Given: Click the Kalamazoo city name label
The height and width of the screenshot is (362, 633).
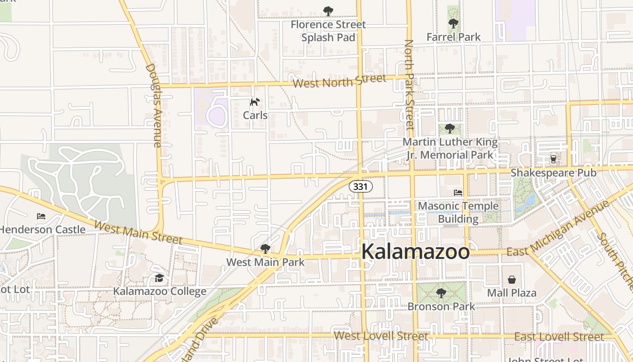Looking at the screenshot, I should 416,252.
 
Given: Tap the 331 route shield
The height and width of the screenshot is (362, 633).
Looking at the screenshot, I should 360,186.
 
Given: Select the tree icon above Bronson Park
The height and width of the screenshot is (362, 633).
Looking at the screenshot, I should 441,293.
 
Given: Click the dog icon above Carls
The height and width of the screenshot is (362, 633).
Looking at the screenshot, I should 255,102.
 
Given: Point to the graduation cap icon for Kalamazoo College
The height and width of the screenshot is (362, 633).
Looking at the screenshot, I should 159,278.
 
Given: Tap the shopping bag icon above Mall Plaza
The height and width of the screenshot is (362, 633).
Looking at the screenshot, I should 511,280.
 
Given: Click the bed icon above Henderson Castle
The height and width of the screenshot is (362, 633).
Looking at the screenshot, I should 41,216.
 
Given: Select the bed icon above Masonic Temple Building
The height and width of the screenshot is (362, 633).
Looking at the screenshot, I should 458,193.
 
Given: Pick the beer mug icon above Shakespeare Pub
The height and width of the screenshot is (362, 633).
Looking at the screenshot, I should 553,159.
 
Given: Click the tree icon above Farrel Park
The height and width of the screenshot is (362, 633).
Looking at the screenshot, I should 453,24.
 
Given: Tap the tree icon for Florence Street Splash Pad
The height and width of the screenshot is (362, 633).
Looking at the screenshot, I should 328,11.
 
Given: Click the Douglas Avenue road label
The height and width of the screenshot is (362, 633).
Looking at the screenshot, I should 154,105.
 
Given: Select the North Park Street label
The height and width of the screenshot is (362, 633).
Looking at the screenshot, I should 409,84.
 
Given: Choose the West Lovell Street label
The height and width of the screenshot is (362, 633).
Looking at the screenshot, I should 381,336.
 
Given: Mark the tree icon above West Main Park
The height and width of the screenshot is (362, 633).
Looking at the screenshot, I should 265,248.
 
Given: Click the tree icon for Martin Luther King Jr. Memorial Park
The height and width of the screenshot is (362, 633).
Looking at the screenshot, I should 449,129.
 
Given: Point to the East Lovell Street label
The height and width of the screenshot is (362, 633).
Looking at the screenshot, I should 559,337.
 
